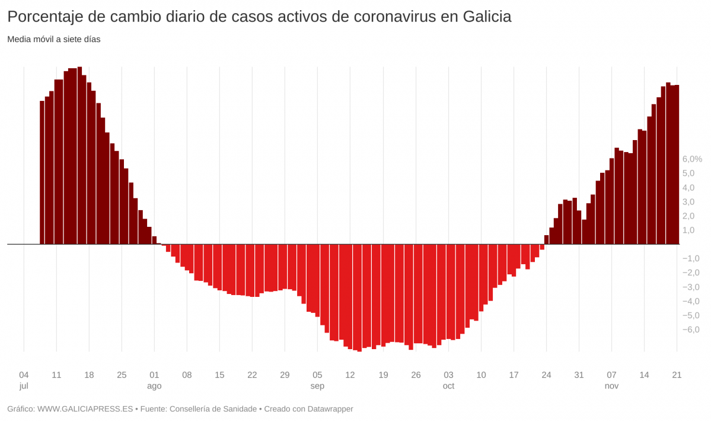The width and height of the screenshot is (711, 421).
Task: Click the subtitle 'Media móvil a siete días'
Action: point(54,40)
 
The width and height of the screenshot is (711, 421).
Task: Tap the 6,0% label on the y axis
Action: point(692,159)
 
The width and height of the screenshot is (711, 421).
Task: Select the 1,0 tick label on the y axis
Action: point(688,230)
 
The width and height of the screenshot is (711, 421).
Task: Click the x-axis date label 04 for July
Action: point(24,375)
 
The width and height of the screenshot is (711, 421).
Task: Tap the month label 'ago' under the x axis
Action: point(154,386)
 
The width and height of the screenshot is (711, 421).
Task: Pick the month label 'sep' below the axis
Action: point(317,386)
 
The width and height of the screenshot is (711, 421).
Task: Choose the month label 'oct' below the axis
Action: point(448,386)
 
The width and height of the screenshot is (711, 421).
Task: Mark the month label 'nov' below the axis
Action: point(611,386)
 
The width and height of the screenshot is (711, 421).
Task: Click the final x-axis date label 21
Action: point(677,375)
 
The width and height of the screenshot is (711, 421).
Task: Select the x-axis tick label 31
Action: point(579,375)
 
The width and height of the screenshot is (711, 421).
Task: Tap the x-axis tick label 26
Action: point(416,375)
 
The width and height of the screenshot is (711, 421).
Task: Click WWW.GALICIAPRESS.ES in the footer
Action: point(85,409)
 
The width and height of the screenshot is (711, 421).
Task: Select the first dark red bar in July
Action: point(42,172)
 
